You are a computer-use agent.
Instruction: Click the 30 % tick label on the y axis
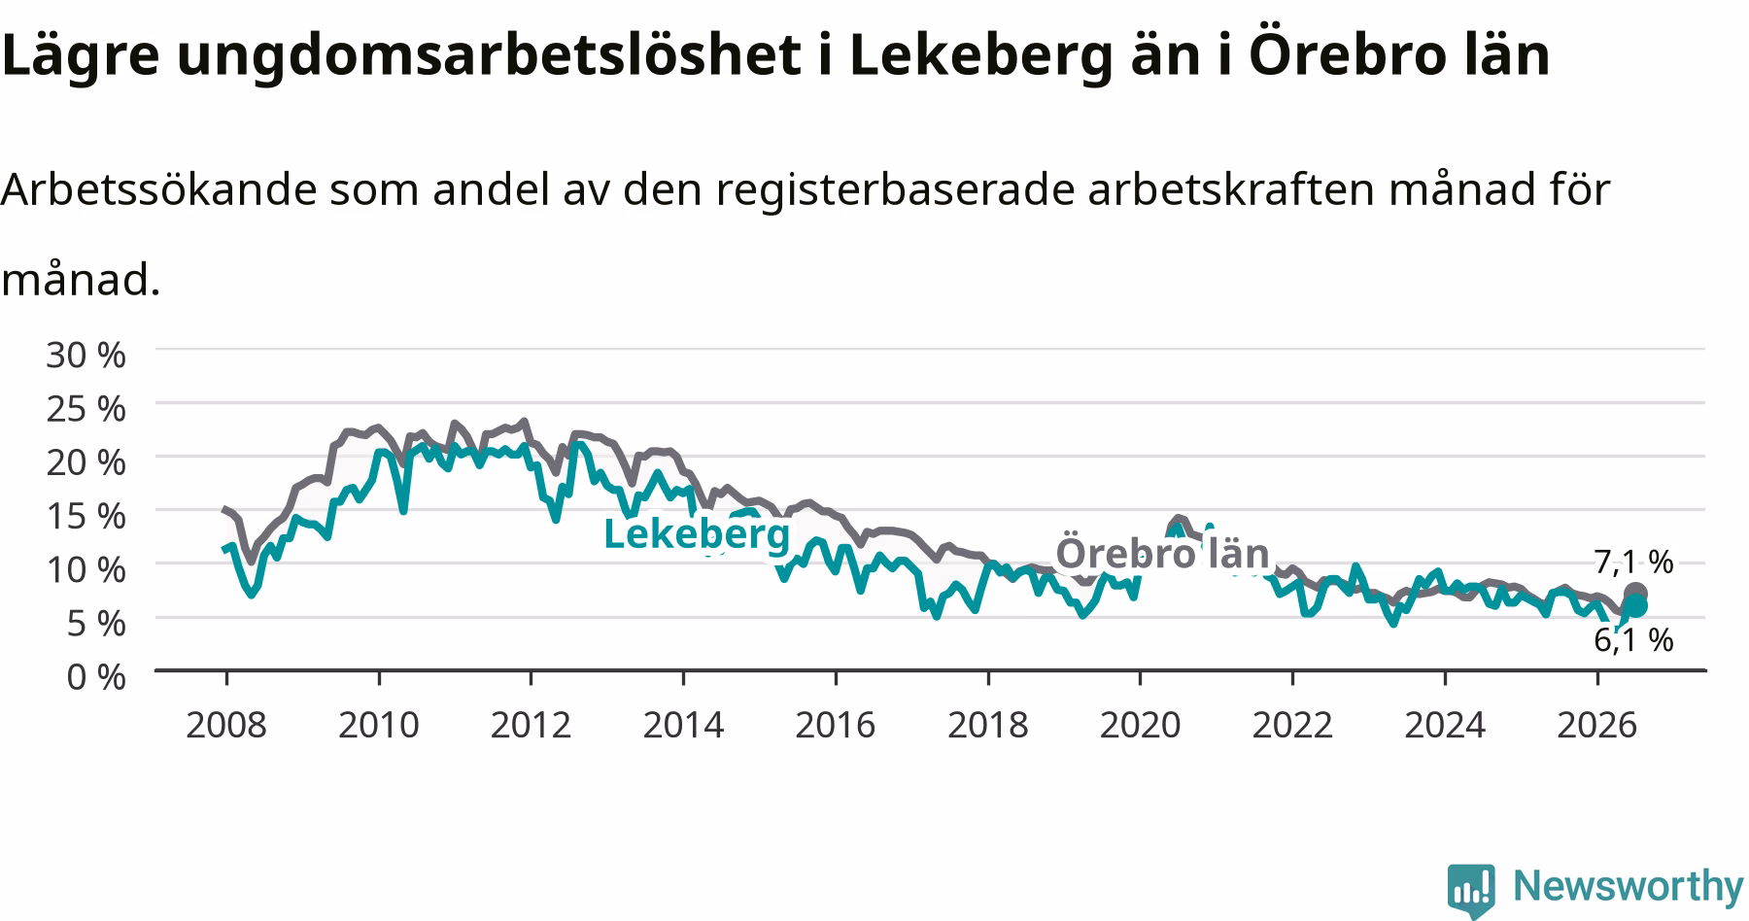[86, 355]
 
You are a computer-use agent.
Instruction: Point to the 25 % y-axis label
[86, 408]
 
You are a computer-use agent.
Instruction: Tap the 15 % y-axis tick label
[86, 515]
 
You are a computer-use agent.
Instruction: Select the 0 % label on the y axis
[96, 676]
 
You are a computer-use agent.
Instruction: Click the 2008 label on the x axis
[225, 725]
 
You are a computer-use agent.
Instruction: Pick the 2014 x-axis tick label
[683, 725]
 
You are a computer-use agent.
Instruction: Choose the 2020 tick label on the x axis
[1140, 725]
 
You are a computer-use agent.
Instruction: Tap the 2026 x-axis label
[1597, 725]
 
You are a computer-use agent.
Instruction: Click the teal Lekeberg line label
[697, 533]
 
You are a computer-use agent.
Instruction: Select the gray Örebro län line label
[1162, 553]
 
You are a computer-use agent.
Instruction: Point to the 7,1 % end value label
[1633, 562]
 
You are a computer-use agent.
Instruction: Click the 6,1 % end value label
[1633, 639]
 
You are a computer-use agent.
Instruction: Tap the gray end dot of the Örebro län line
[1635, 594]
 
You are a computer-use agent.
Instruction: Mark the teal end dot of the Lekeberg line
[1636, 606]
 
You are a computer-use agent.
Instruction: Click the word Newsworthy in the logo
[1629, 886]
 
